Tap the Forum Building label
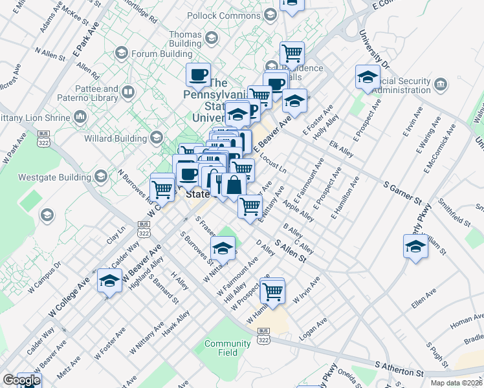[x=159, y=53]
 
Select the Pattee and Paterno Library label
[x=101, y=93]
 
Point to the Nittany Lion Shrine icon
[x=81, y=117]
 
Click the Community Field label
[x=227, y=348]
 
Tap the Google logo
[x=21, y=380]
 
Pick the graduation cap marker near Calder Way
[x=109, y=281]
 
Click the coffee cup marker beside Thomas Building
[x=199, y=74]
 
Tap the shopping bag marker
[x=234, y=186]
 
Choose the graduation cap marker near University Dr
[x=368, y=78]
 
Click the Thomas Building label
[x=185, y=39]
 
